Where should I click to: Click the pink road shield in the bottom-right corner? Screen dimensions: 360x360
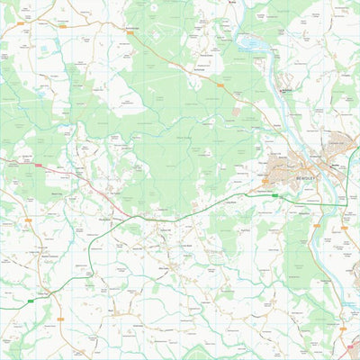[x=346, y=331]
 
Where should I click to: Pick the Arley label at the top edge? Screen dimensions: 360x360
[x=231, y=4]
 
